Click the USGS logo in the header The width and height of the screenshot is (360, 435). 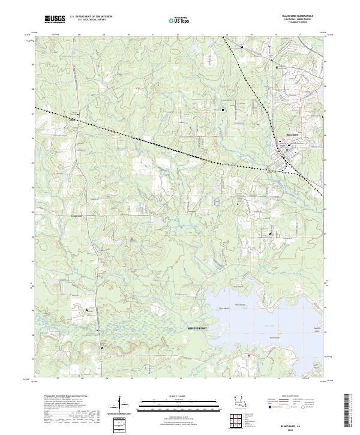(x=55, y=20)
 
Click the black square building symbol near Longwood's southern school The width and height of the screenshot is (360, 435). (x=88, y=310)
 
